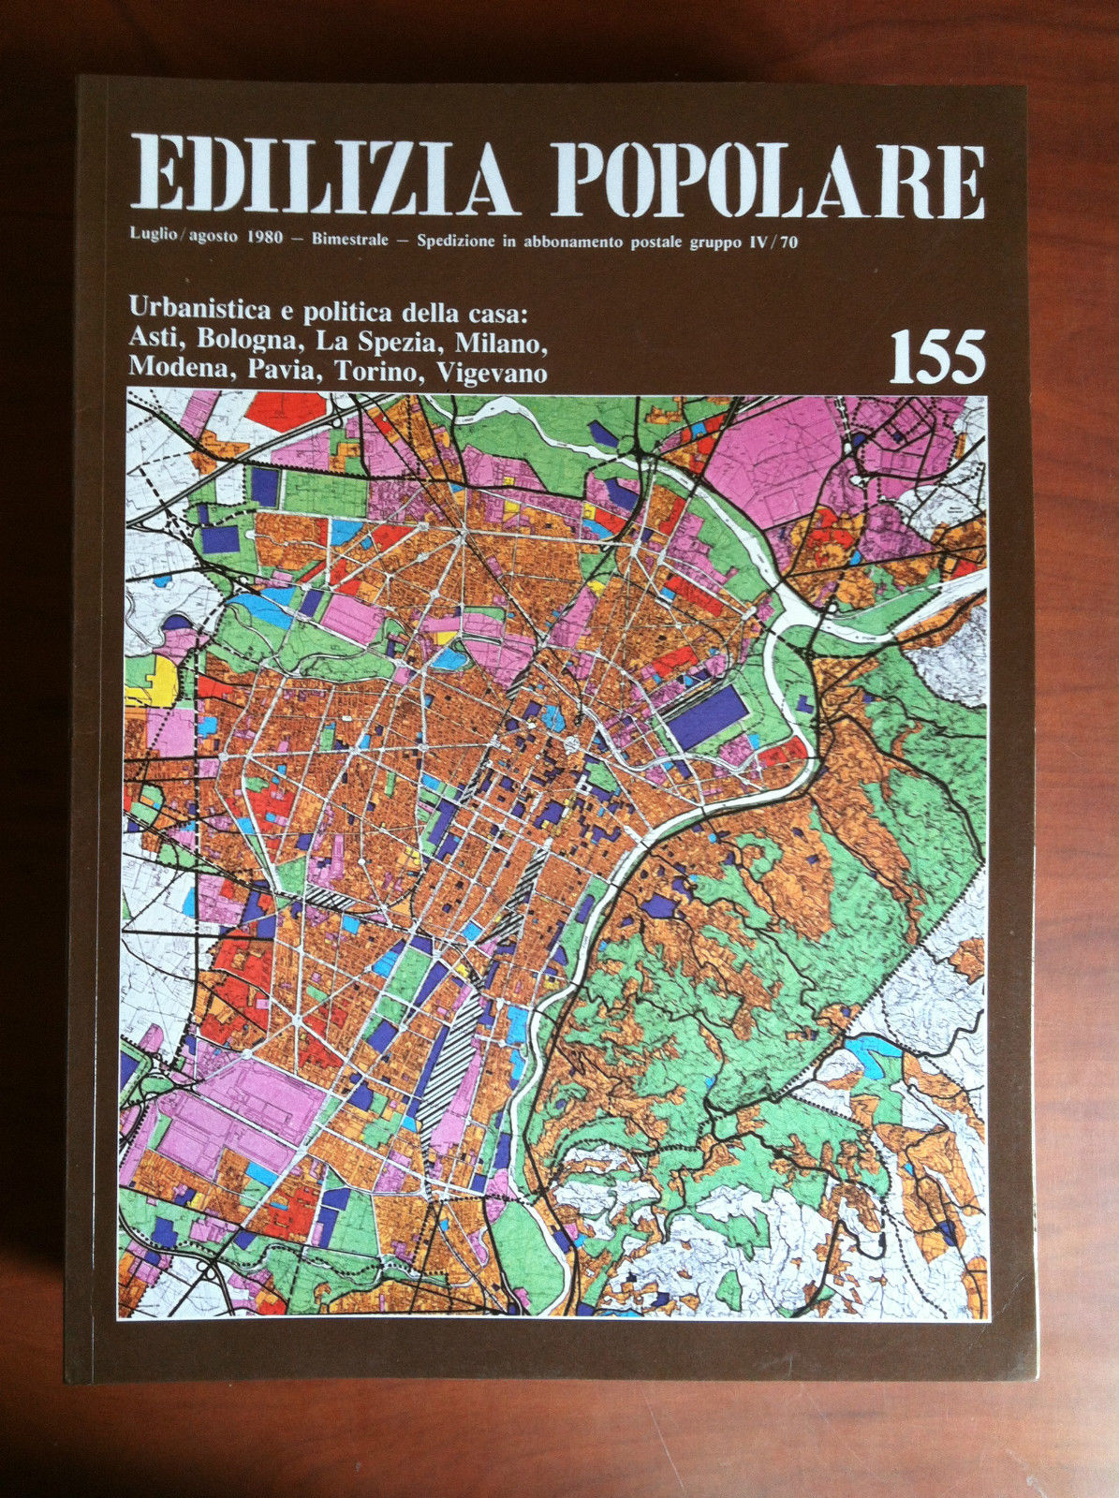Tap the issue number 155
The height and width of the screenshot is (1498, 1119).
pyautogui.click(x=936, y=357)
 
